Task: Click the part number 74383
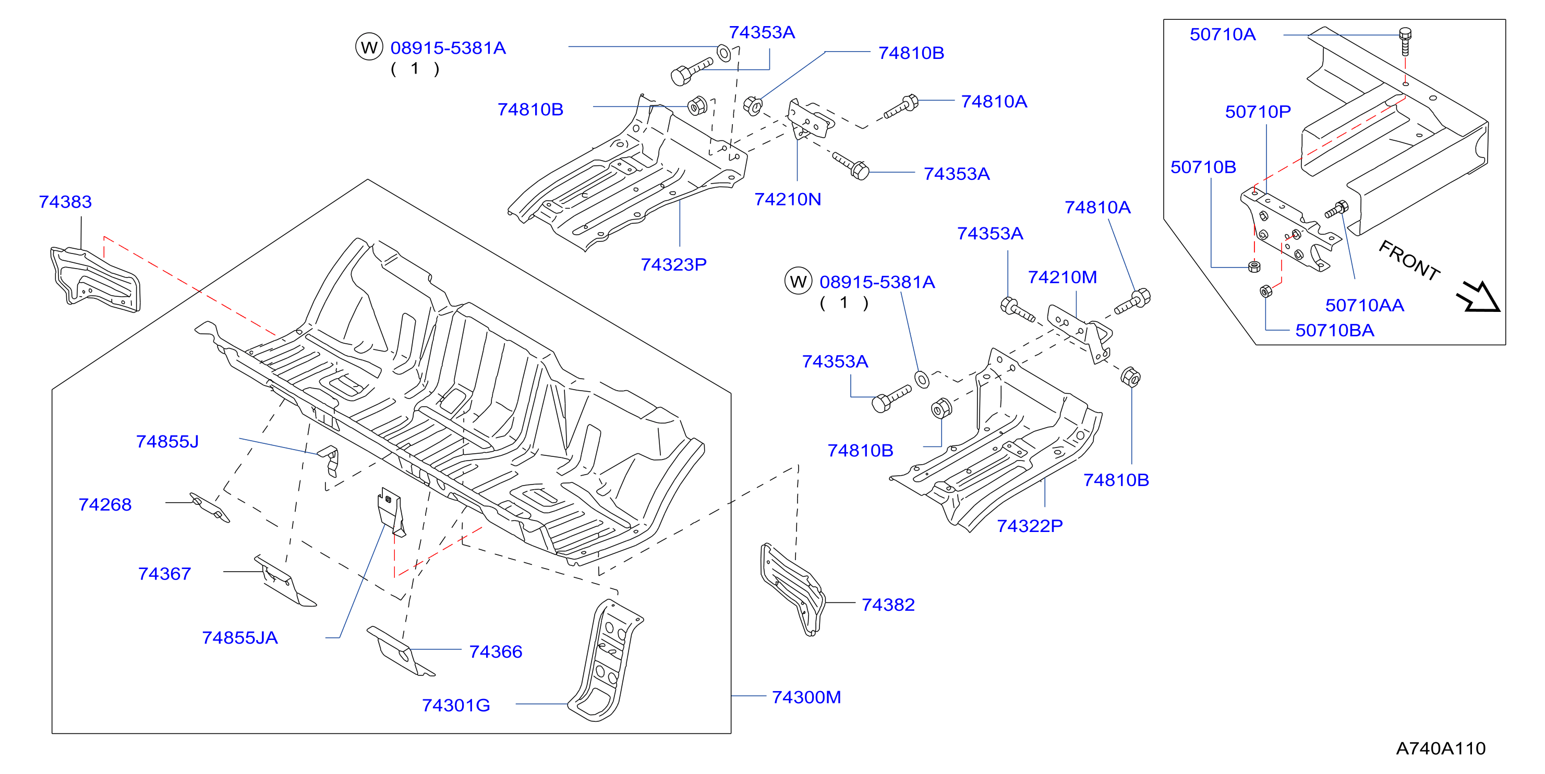click(x=65, y=202)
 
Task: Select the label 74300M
click(x=806, y=697)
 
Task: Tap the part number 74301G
click(x=456, y=706)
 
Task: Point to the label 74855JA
click(x=240, y=638)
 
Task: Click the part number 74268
click(x=105, y=505)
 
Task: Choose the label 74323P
click(x=673, y=264)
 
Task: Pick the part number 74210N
click(x=788, y=199)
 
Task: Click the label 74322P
click(x=1030, y=526)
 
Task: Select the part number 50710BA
click(x=1334, y=330)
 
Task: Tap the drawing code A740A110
click(x=1441, y=748)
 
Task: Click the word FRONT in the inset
click(x=1409, y=261)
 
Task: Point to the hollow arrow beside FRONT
click(x=1480, y=297)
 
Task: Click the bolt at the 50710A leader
click(x=1405, y=40)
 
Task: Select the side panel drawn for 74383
click(x=95, y=280)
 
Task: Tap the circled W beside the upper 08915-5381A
click(x=369, y=47)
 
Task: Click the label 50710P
click(x=1258, y=112)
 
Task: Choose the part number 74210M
click(x=1062, y=277)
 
